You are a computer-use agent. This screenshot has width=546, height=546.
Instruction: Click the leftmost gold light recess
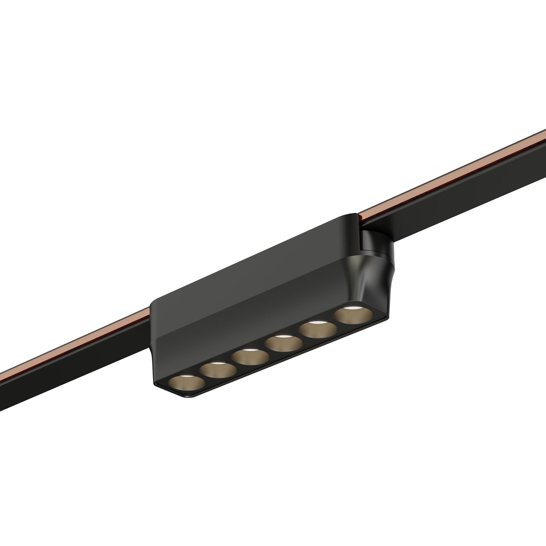point(187,384)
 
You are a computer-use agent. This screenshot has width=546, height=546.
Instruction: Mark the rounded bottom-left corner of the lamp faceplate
point(162,389)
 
